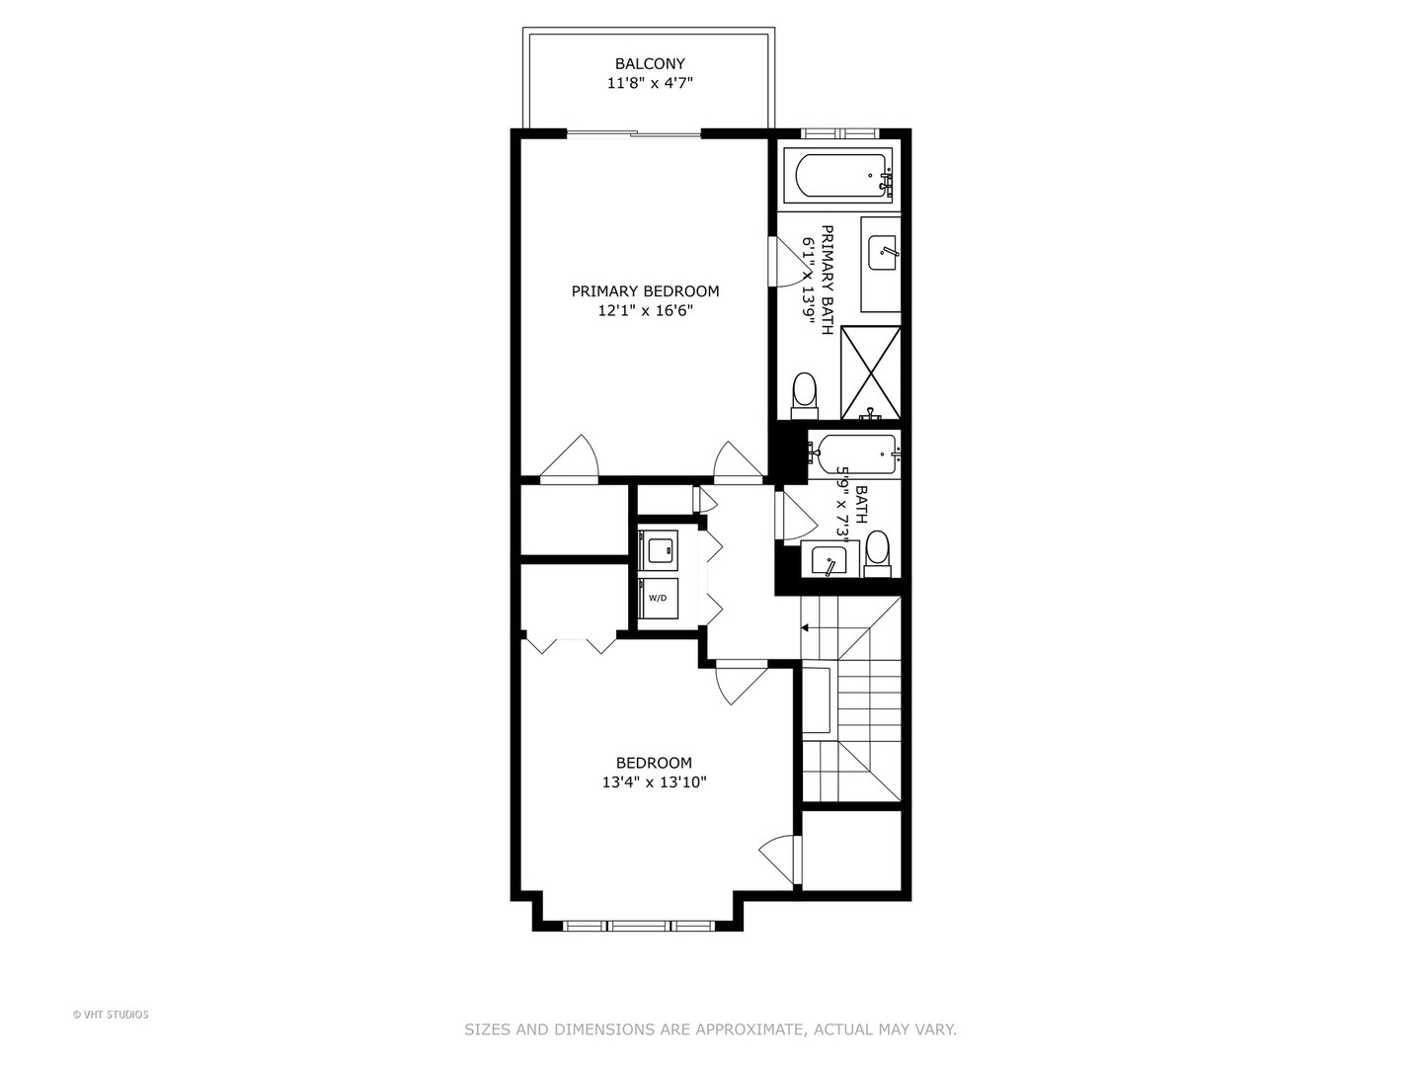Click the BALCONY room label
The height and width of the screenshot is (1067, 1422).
pyautogui.click(x=650, y=64)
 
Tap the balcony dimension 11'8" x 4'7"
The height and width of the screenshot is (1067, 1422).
pyautogui.click(x=650, y=84)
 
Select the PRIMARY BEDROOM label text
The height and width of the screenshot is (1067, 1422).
pyautogui.click(x=645, y=291)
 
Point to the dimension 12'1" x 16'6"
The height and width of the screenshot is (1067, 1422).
pyautogui.click(x=645, y=311)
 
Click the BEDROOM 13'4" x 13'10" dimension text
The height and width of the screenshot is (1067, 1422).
pyautogui.click(x=654, y=782)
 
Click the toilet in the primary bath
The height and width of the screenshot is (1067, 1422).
pyautogui.click(x=805, y=393)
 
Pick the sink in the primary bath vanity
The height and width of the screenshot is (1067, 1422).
pyautogui.click(x=882, y=253)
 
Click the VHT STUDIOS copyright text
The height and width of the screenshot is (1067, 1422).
pyautogui.click(x=111, y=1015)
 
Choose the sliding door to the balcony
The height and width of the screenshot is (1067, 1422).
pyautogui.click(x=634, y=133)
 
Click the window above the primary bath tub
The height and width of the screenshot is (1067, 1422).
pyautogui.click(x=837, y=133)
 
